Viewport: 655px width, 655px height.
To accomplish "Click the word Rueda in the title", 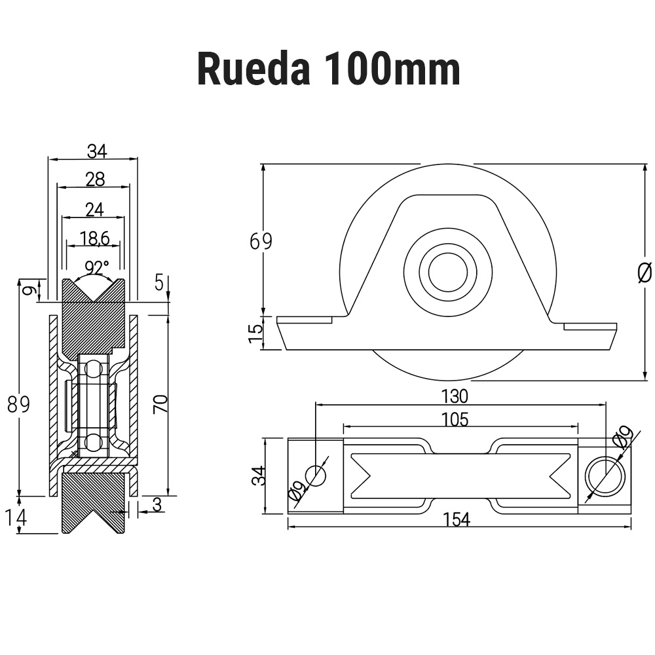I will [253, 69].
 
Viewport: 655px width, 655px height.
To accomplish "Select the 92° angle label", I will [97, 268].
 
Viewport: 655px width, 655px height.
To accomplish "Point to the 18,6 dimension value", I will [95, 238].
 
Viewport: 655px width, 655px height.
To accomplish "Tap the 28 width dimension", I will [95, 179].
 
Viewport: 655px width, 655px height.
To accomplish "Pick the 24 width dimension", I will [95, 209].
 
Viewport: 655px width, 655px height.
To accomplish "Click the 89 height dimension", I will [19, 405].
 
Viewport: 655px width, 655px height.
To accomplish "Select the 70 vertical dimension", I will [160, 403].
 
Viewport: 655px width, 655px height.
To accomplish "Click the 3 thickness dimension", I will [157, 504].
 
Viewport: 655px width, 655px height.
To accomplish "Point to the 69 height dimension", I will [260, 241].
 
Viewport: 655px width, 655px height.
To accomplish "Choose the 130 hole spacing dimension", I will [455, 396].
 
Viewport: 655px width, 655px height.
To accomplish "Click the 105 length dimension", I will [455, 420].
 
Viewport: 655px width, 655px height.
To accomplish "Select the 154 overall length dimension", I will [456, 519].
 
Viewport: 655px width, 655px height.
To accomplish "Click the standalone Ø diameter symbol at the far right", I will [645, 272].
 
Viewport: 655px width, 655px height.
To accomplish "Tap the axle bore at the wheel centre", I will [447, 271].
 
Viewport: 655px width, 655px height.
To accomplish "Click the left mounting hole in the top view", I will [316, 475].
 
